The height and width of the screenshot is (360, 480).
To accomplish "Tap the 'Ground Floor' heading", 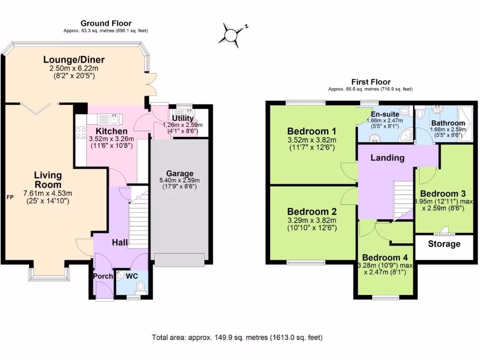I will (x=106, y=23).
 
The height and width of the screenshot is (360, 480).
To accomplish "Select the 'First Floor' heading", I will (x=371, y=82).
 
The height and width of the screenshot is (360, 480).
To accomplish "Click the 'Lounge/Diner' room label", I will (x=74, y=60).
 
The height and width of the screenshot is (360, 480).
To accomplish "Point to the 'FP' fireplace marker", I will (x=9, y=197).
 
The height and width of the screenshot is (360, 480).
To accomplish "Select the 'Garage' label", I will (x=180, y=173).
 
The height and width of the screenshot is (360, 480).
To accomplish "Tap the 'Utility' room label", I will (x=182, y=118).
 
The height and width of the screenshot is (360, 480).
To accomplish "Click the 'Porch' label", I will (x=103, y=276).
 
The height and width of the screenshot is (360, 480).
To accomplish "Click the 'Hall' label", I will (x=120, y=242).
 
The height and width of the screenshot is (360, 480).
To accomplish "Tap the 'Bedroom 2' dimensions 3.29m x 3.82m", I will (x=312, y=220).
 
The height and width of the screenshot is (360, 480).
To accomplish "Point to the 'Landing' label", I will (x=387, y=157).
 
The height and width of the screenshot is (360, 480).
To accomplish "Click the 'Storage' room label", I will (x=444, y=244).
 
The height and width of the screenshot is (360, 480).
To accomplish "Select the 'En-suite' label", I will (x=384, y=114).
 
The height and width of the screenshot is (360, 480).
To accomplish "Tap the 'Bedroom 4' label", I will (x=385, y=257).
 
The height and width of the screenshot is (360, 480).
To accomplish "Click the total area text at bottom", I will (x=237, y=337).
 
